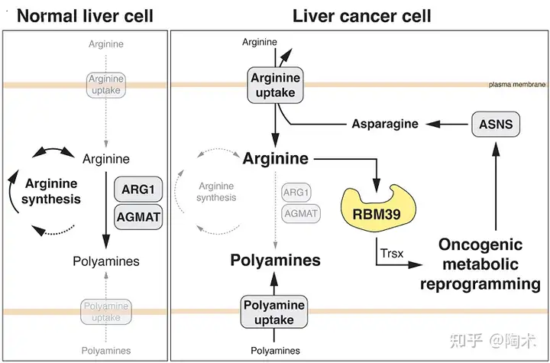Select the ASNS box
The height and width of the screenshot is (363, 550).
pos(496,123)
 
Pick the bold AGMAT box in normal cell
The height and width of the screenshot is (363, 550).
pos(137,217)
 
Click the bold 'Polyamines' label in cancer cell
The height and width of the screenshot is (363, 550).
pos(275,260)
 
